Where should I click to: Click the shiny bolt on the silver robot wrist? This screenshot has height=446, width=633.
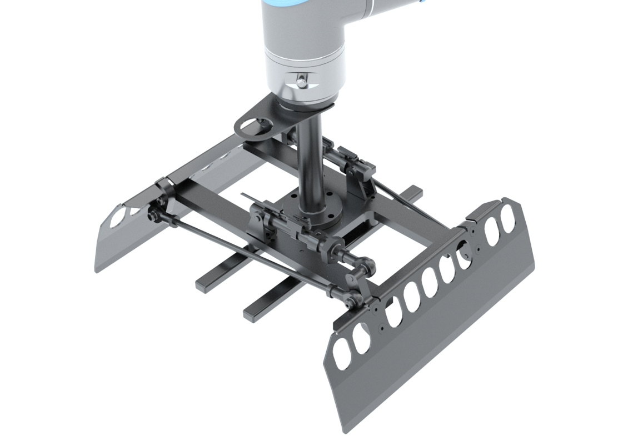point(301,82)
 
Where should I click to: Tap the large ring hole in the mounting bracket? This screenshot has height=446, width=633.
point(254,126)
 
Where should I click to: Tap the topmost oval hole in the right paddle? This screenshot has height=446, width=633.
point(507,216)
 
